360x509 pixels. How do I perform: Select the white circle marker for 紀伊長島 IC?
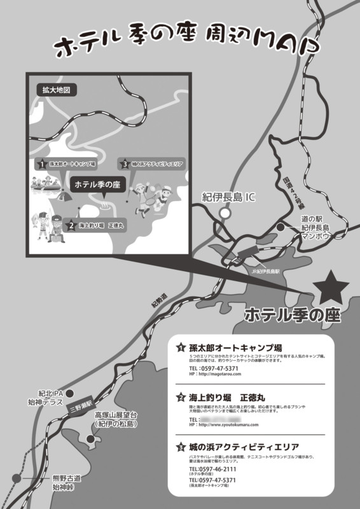click(224, 214)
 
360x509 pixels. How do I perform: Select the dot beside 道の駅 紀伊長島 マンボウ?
click(280, 227)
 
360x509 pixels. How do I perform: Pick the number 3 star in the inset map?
click(125, 164)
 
